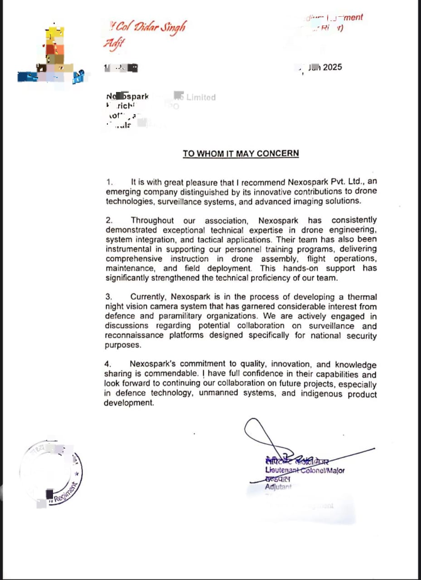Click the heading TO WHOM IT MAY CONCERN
(241, 154)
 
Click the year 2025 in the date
(332, 68)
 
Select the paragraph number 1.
(109, 182)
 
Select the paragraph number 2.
(109, 221)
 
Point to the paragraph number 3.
(109, 297)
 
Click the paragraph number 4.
(108, 364)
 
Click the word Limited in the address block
(201, 97)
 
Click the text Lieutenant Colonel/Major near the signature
(305, 470)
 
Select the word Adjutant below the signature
(278, 487)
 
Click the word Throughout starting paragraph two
(152, 221)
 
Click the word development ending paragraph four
(129, 403)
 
